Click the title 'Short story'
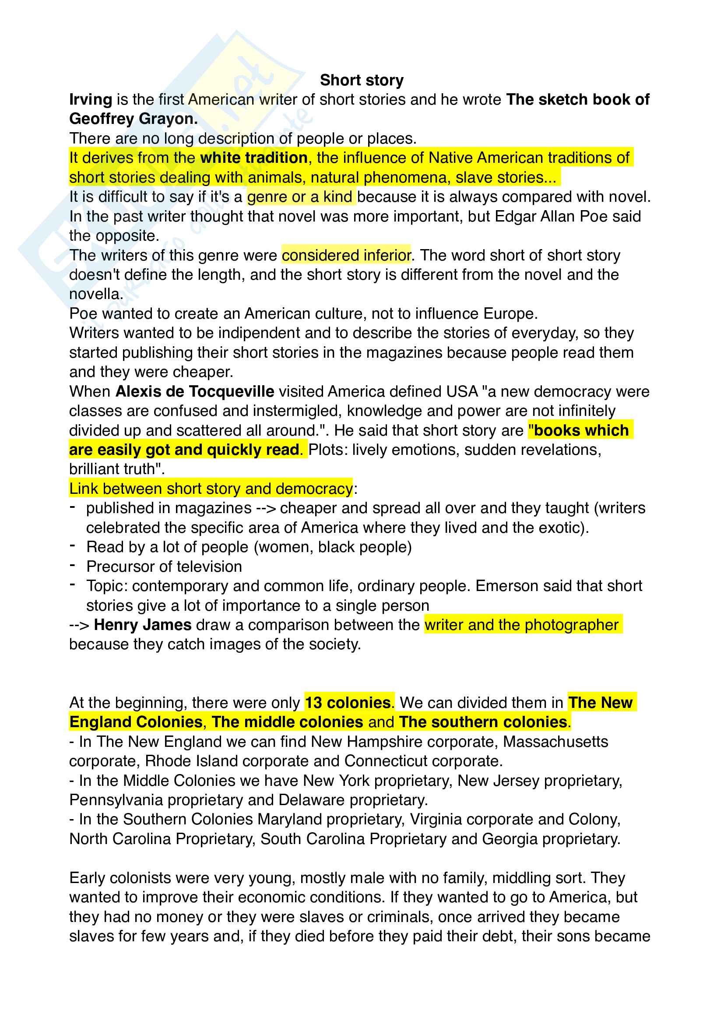362,80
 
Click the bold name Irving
91,99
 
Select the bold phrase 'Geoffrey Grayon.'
134,119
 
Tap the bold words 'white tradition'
254,158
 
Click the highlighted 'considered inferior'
346,255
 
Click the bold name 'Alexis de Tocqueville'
195,391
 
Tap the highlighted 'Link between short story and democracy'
211,489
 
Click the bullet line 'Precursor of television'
164,567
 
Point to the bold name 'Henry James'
143,625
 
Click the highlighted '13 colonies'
348,703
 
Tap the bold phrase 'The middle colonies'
288,722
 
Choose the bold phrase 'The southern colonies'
483,722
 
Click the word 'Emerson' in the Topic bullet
505,586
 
